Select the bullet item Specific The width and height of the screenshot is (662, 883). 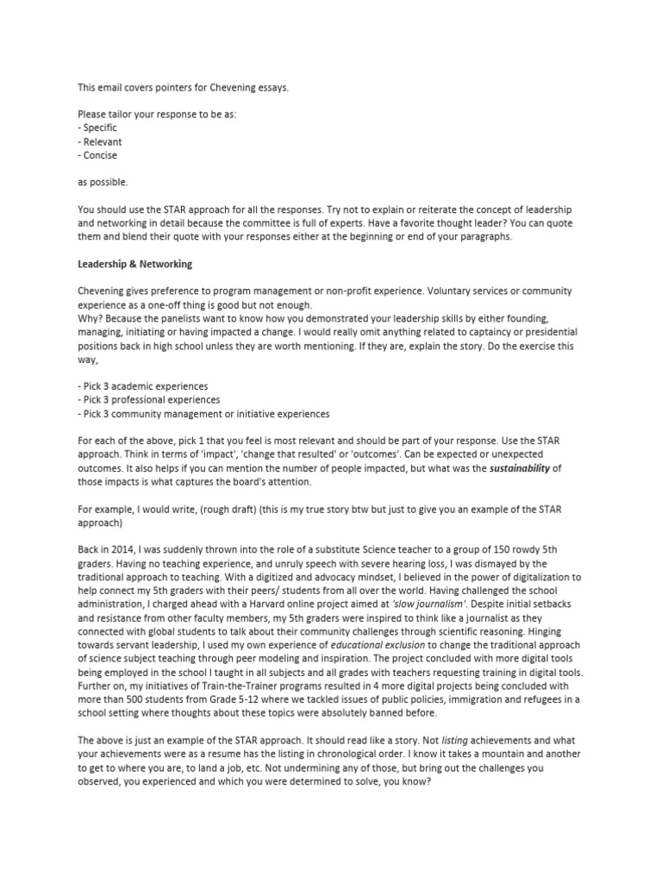[100, 128]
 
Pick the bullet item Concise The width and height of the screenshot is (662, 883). [101, 155]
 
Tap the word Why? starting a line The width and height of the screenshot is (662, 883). [91, 318]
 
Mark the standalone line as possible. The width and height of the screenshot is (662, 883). [102, 183]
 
